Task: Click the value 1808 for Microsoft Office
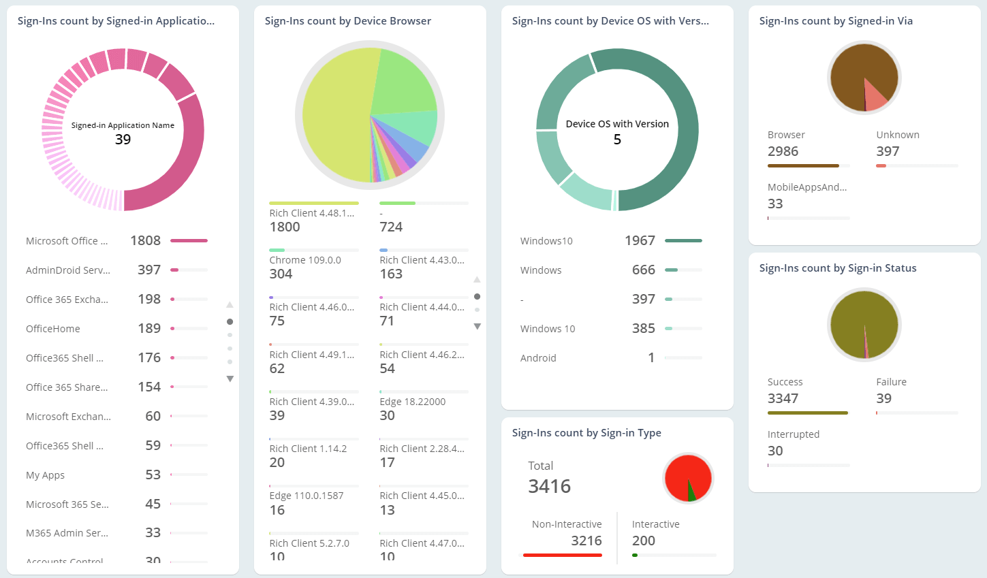point(145,240)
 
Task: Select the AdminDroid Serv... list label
point(68,270)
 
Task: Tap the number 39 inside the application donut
point(123,140)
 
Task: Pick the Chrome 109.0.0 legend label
point(305,260)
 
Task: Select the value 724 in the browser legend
point(391,227)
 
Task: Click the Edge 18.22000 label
point(412,402)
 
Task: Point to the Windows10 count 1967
point(640,240)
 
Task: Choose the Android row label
point(538,358)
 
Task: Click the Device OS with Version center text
point(617,124)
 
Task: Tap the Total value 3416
point(550,486)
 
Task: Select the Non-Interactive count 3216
point(586,541)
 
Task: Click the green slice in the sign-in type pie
point(691,492)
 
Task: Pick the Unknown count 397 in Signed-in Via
point(888,151)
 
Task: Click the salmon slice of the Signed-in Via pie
point(875,97)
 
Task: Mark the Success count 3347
point(783,398)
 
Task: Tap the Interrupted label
point(793,434)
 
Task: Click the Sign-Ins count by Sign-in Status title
point(837,268)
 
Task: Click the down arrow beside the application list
point(230,379)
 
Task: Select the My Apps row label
point(45,475)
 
